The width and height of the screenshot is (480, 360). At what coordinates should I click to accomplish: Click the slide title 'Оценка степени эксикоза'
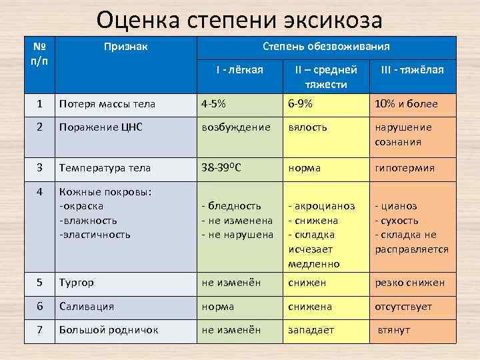tap(239, 20)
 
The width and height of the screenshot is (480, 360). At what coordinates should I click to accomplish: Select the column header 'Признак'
tap(125, 47)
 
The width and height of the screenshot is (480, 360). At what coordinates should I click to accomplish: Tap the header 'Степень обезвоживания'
tap(326, 47)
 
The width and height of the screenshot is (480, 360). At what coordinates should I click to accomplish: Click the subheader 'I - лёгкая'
tap(239, 70)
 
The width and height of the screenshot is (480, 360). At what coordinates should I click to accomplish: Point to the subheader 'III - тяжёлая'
tap(412, 70)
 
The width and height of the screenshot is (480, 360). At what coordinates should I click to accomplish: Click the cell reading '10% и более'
tap(406, 103)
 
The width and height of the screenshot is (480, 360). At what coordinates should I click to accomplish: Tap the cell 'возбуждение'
tap(236, 127)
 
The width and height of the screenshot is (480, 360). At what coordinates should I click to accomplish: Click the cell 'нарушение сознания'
tap(403, 134)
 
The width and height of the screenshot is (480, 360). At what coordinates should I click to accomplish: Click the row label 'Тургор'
tap(77, 283)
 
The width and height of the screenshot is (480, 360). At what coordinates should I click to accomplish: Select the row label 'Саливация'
tap(87, 307)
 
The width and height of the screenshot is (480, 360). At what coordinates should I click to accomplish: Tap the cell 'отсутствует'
tap(403, 307)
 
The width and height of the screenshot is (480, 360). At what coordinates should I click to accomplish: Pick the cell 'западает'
tap(311, 330)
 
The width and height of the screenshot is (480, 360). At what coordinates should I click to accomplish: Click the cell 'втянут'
tap(394, 330)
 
